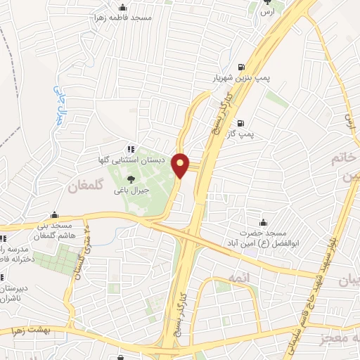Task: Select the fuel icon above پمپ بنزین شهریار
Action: click(x=243, y=65)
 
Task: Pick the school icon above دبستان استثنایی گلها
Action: click(x=130, y=148)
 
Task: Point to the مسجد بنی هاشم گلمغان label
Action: click(x=56, y=231)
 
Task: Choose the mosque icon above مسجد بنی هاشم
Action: click(x=55, y=216)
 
